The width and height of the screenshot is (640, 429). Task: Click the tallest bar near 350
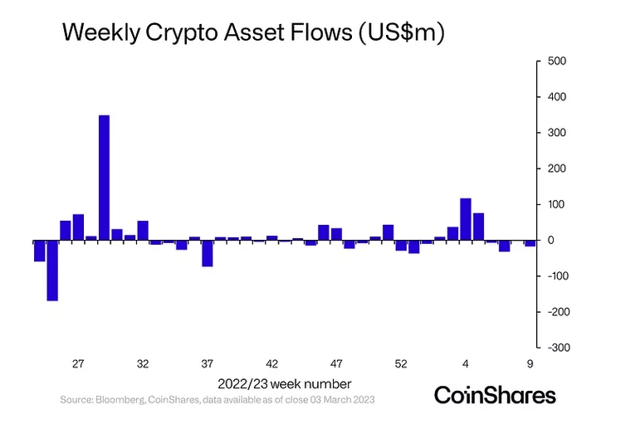(104, 178)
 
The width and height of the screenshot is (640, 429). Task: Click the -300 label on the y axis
(557, 348)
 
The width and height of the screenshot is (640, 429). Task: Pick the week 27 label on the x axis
(78, 364)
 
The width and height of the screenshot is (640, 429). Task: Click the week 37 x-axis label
(208, 364)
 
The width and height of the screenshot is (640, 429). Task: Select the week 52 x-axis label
(401, 364)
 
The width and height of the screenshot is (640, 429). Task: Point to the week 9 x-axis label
(530, 364)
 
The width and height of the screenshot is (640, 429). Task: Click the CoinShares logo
(495, 394)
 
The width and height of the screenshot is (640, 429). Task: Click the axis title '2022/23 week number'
(285, 383)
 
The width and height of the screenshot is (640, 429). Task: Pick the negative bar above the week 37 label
(208, 253)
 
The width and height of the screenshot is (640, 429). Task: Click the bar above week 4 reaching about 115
(466, 219)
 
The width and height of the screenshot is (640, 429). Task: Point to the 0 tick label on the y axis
(549, 241)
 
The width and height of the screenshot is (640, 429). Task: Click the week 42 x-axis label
(272, 364)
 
